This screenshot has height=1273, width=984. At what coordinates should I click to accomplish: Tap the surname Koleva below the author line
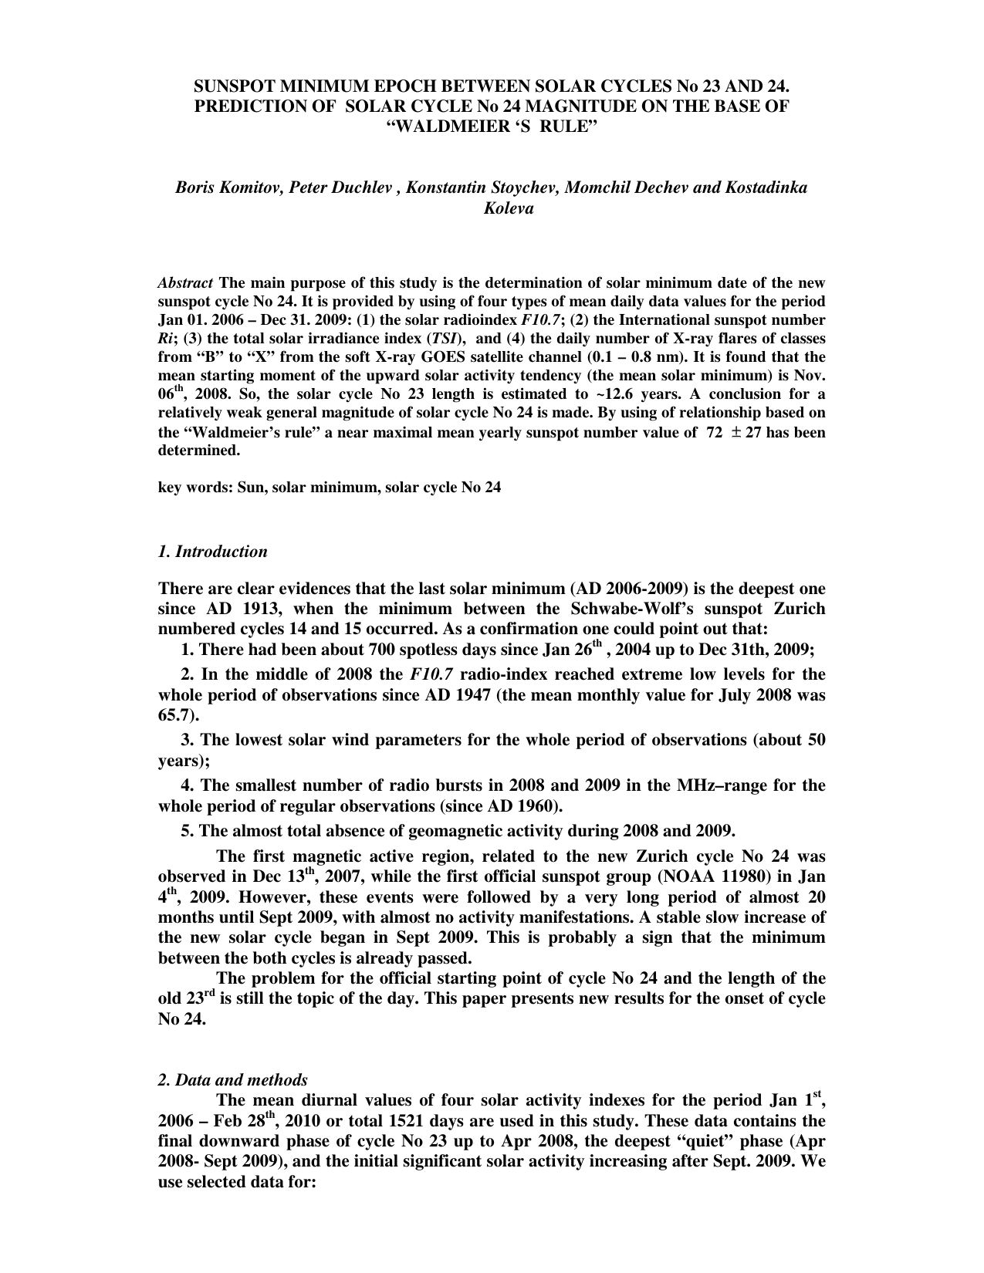[492, 208]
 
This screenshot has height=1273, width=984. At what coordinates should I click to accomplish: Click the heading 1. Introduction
[212, 552]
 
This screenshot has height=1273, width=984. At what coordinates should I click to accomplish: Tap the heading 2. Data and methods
[232, 1080]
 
